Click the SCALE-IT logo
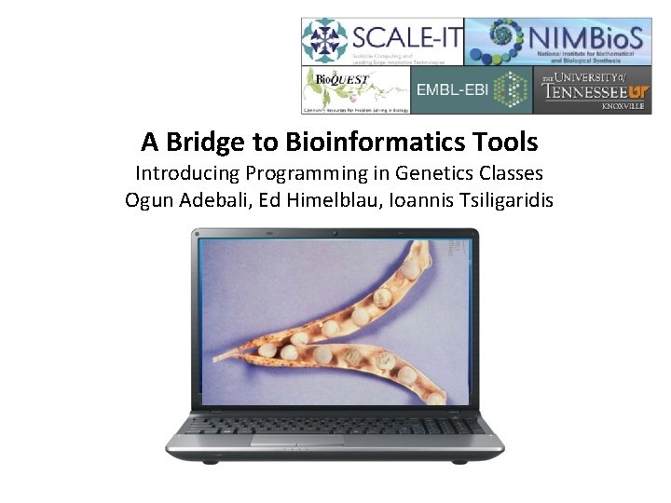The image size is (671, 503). (381, 42)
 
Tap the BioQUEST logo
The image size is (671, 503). (355, 90)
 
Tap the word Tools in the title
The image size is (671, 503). (507, 143)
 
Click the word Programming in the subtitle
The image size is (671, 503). (312, 173)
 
